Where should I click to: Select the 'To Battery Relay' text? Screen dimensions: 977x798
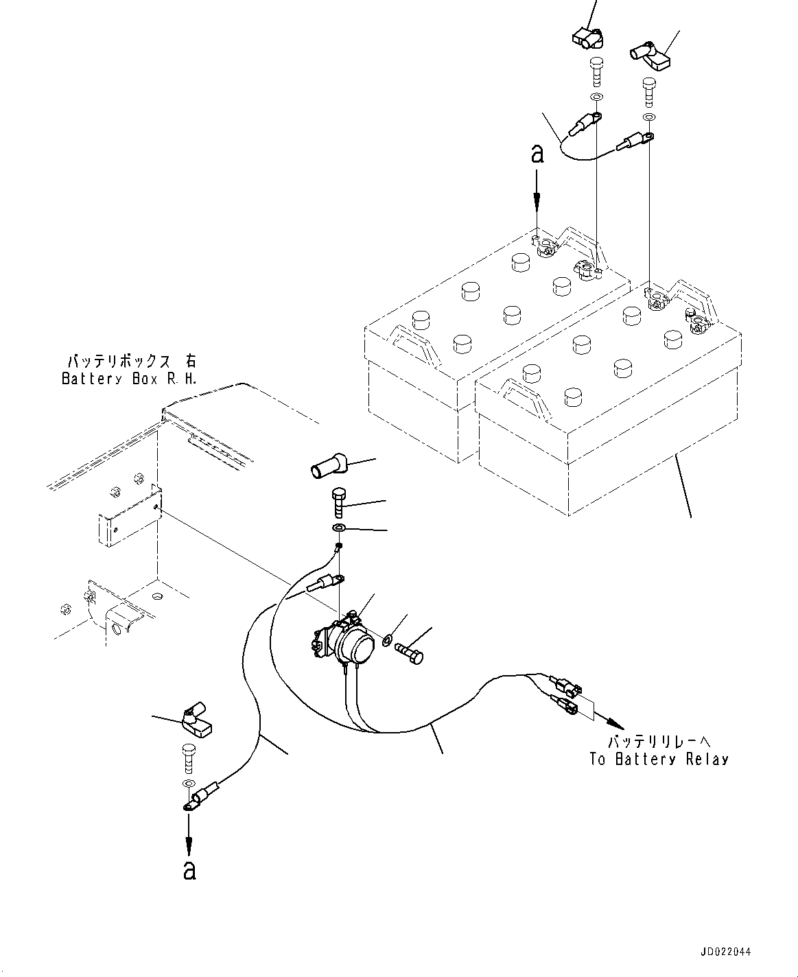click(x=659, y=760)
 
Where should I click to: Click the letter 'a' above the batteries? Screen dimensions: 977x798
click(x=537, y=154)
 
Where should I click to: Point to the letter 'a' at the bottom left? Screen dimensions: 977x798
click(x=190, y=871)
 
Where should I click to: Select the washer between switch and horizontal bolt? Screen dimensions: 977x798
click(x=387, y=640)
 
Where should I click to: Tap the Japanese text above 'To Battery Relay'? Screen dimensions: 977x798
click(x=659, y=742)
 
